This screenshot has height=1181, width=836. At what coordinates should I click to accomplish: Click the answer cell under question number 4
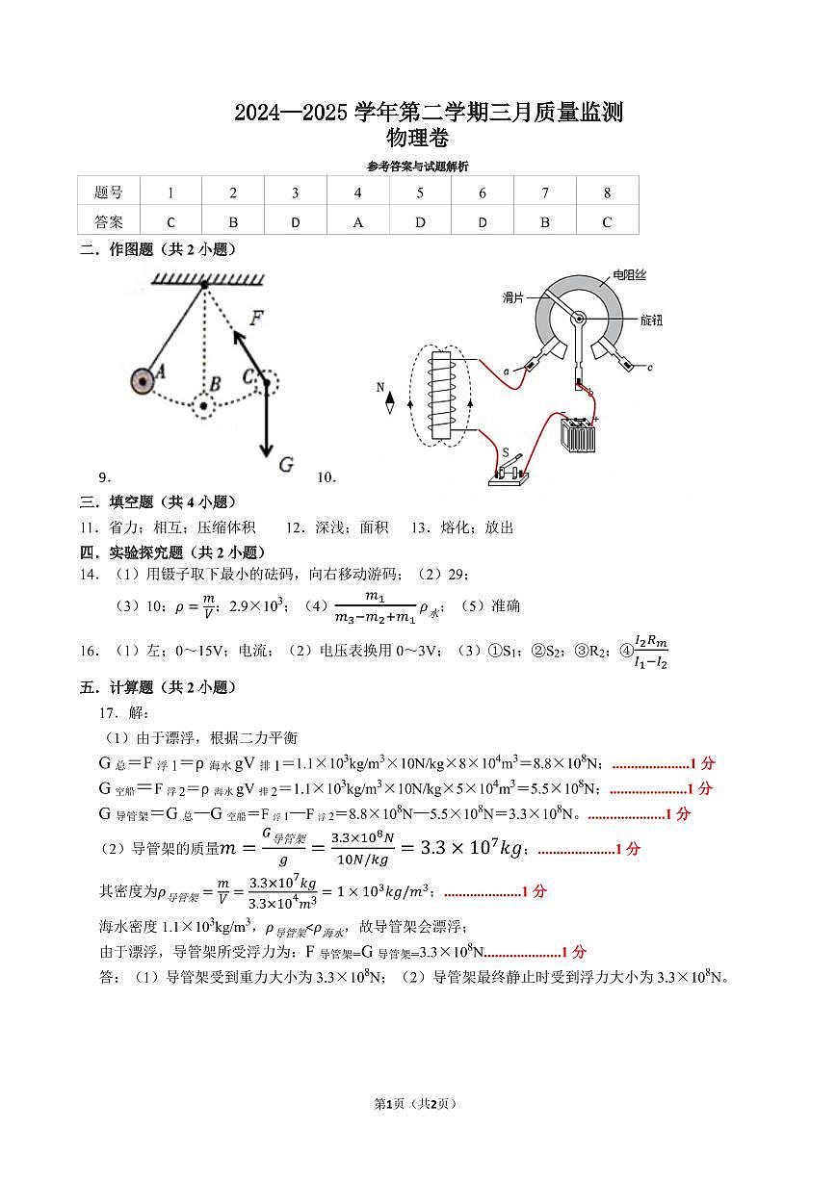coord(357,221)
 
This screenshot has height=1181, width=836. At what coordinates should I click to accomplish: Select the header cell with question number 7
coord(545,193)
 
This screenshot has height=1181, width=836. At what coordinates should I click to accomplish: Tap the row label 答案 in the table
coord(109,221)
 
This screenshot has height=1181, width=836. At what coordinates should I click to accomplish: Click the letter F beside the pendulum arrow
coord(256,318)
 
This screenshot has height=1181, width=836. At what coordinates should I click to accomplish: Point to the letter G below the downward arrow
coord(285,465)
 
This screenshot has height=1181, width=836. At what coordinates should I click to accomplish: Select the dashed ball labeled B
coord(203,405)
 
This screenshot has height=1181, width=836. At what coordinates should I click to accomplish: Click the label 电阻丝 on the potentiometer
coord(630,275)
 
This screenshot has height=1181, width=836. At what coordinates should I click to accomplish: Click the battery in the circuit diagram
coord(578,434)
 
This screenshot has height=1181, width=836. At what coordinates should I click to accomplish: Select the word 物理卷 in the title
coord(416,138)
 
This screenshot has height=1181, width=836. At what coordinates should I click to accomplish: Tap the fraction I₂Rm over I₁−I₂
coord(651,652)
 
